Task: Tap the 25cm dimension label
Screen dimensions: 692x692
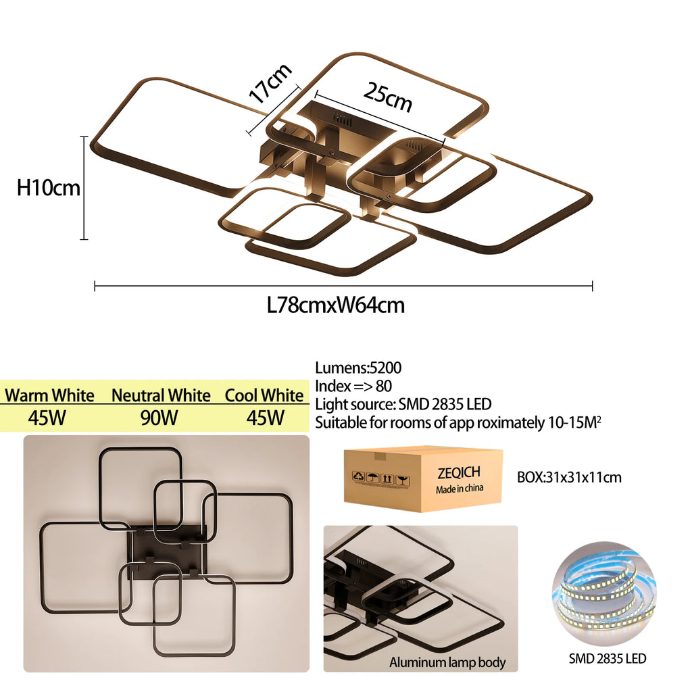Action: [387, 96]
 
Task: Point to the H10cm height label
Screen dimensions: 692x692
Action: [49, 188]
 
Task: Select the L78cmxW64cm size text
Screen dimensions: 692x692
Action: [336, 305]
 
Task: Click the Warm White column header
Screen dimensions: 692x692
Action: [49, 395]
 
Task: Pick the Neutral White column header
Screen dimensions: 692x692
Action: [161, 395]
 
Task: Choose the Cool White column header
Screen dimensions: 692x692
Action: [264, 395]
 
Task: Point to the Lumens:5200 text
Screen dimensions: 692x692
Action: [358, 368]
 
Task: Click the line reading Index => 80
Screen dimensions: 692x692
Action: [353, 387]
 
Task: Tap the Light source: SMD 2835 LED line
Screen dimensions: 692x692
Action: [403, 405]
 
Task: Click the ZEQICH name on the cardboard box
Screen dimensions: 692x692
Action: [459, 473]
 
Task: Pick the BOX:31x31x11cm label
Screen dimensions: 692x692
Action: [569, 478]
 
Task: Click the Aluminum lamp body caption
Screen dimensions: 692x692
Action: [447, 662]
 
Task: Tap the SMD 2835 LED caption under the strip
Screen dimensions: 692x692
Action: [606, 658]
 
